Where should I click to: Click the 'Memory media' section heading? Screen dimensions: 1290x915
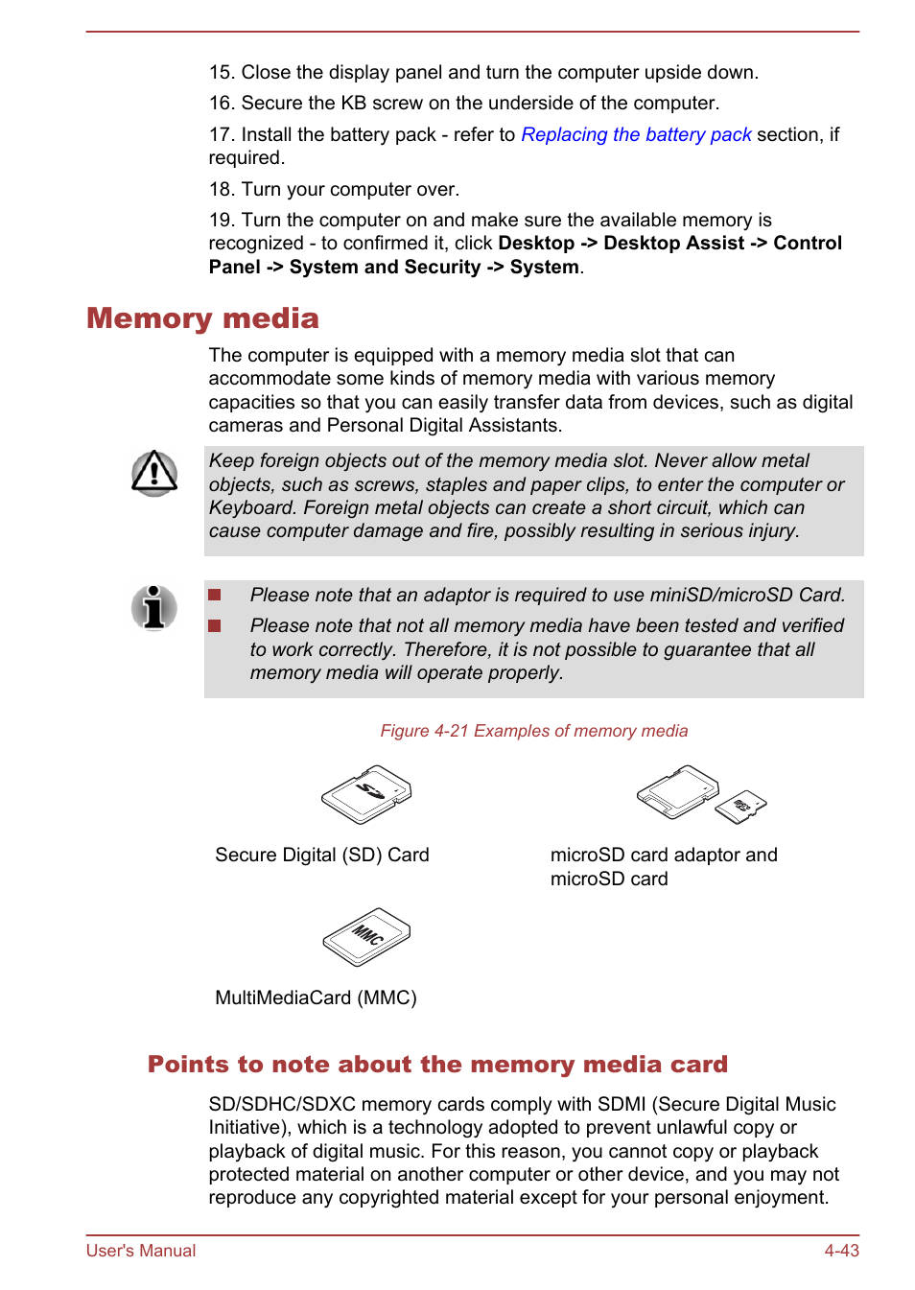click(202, 318)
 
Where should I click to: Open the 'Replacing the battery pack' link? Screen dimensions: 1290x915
click(636, 135)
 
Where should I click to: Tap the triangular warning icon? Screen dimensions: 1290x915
click(154, 473)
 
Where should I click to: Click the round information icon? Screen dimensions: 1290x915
click(154, 607)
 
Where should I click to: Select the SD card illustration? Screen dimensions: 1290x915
click(366, 794)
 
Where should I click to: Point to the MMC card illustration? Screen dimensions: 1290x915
click(366, 937)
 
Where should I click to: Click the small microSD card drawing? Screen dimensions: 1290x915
click(742, 807)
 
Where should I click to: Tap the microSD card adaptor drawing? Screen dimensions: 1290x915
click(677, 791)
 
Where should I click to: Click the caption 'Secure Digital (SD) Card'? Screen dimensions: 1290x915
click(321, 856)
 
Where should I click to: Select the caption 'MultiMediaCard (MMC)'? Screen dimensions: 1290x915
click(316, 998)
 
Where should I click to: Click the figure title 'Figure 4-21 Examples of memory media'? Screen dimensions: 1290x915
click(533, 731)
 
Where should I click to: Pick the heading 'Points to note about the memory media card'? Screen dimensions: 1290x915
click(437, 1065)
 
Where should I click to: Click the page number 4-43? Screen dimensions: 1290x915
click(841, 1251)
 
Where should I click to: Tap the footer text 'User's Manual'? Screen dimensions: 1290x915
click(141, 1251)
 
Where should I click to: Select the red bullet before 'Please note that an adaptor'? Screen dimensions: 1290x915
click(215, 596)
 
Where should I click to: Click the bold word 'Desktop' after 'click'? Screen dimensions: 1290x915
click(536, 244)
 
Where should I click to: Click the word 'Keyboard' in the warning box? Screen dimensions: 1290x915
click(251, 508)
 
